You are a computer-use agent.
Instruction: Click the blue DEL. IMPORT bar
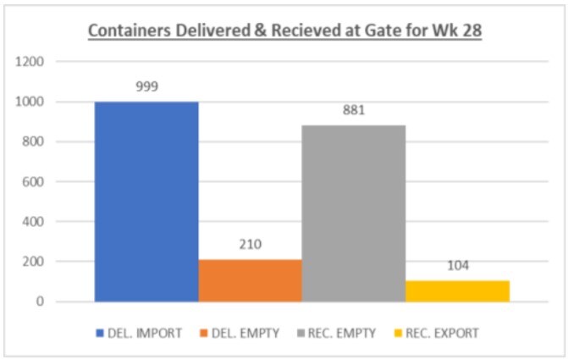point(146,202)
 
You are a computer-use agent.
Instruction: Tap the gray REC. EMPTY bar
point(354,213)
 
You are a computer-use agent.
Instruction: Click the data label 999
point(146,86)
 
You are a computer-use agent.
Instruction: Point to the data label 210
point(250,245)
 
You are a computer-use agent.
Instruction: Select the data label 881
point(354,110)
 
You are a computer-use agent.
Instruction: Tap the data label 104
point(457,265)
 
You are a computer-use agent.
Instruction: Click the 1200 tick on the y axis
point(30,62)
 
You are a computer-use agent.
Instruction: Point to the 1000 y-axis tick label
point(30,102)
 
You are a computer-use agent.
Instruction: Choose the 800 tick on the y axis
point(34,141)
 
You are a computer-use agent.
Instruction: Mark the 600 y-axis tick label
point(34,181)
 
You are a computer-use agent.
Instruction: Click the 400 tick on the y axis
point(34,222)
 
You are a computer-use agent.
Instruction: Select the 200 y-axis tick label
point(34,262)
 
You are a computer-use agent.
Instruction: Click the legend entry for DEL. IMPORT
point(144,333)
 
